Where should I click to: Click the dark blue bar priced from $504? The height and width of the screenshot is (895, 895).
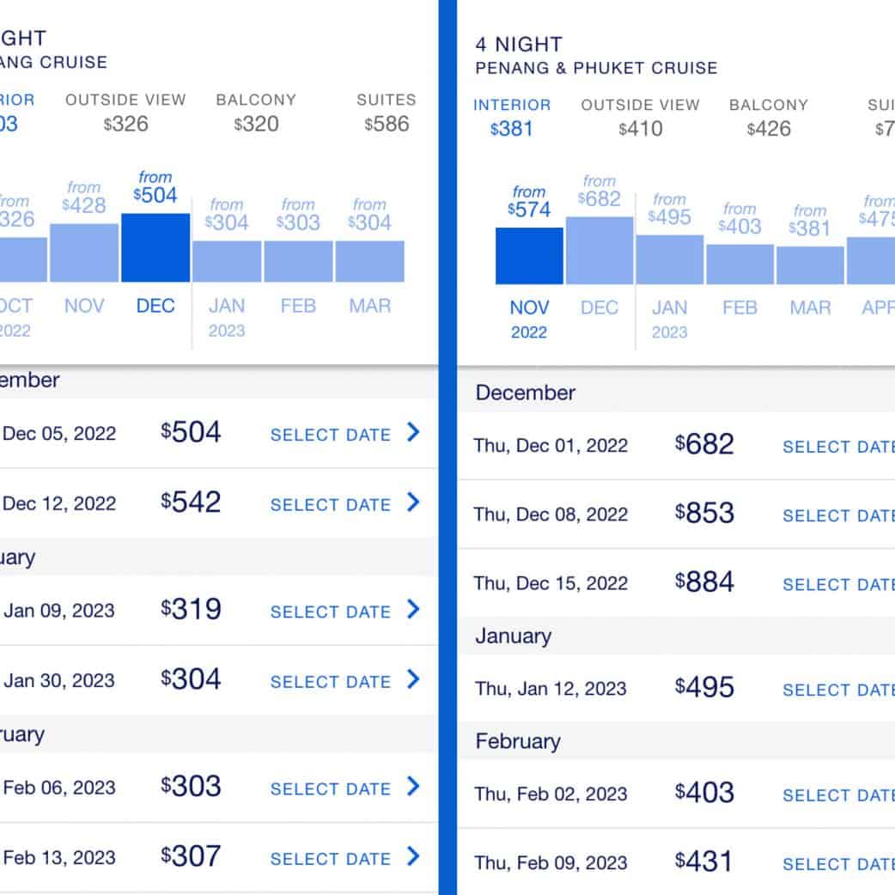[155, 247]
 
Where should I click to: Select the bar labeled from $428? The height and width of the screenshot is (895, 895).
[84, 253]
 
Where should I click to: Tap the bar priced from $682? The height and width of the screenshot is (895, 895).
[600, 250]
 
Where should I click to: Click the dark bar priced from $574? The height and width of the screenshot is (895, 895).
[529, 256]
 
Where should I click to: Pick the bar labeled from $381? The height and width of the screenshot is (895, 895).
[810, 265]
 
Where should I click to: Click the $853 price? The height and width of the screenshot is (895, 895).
[704, 514]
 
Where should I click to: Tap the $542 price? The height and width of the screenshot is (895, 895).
[191, 502]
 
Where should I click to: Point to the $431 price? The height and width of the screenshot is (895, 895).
[704, 862]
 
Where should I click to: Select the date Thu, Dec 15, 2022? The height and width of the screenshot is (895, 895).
[551, 583]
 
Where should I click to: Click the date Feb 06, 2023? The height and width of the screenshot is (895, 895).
[58, 788]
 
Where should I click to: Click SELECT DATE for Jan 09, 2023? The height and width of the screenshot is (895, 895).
[331, 612]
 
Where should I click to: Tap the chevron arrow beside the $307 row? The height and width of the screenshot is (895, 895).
[413, 856]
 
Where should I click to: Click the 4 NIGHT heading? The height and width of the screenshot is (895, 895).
[519, 44]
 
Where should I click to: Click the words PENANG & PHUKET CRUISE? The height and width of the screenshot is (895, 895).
[596, 68]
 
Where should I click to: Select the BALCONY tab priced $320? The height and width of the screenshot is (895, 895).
[256, 113]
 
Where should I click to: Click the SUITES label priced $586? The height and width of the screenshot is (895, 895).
[387, 113]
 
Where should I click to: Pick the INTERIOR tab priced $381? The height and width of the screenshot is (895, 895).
[512, 118]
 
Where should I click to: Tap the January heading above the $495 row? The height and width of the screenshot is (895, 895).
[514, 636]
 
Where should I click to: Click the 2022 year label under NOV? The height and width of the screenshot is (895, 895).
[528, 332]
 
